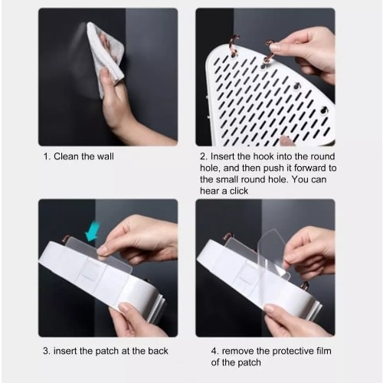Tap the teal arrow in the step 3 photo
pyautogui.click(x=93, y=232)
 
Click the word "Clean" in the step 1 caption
pyautogui.click(x=66, y=156)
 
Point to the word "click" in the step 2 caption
pyautogui.click(x=239, y=191)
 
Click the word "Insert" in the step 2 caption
pyautogui.click(x=221, y=156)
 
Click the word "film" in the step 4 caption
pyautogui.click(x=324, y=351)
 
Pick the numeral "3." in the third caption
pyautogui.click(x=47, y=351)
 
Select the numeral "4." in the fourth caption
pyautogui.click(x=215, y=351)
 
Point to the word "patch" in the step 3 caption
pyautogui.click(x=107, y=352)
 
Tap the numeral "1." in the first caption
pyautogui.click(x=47, y=156)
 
